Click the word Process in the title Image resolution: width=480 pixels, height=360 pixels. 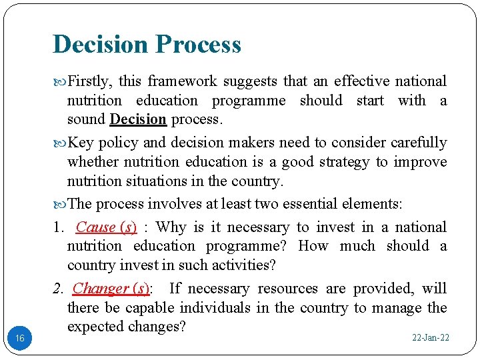[198, 45]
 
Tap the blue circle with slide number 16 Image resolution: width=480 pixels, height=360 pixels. [20, 339]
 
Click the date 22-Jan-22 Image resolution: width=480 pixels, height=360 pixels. [431, 338]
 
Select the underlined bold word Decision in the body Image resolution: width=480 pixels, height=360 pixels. [138, 119]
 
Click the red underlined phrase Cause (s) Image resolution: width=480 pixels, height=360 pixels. [106, 227]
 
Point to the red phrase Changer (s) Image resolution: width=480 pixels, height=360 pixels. [111, 289]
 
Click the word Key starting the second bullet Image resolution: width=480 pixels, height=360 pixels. [81, 143]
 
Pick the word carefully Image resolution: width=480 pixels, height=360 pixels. [419, 143]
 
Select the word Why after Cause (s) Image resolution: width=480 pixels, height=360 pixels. [171, 227]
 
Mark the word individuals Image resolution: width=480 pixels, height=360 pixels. [217, 308]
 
